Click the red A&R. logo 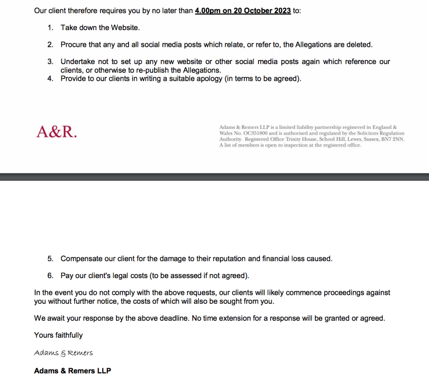[x=57, y=132]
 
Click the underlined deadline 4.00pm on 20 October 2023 [x=243, y=11]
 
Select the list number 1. [x=50, y=28]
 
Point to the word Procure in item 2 [x=73, y=44]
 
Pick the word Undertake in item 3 [x=78, y=62]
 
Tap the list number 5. [x=50, y=258]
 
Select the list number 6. [x=50, y=276]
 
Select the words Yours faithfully [x=58, y=335]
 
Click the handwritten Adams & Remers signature [x=63, y=353]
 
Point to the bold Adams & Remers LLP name [x=72, y=371]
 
